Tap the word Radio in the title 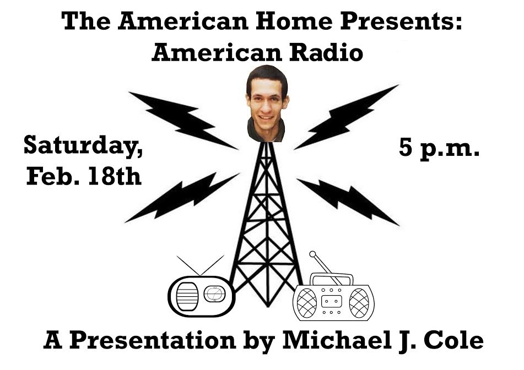click(x=326, y=53)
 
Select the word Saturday click(x=83, y=146)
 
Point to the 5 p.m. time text click(x=439, y=148)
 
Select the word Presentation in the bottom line click(x=153, y=341)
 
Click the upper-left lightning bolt click(x=183, y=119)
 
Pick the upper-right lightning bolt click(x=346, y=117)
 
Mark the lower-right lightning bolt click(x=348, y=202)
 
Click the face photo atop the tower click(x=267, y=104)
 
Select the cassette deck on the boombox click(x=332, y=301)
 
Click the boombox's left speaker click(x=306, y=303)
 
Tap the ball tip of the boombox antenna click(x=312, y=254)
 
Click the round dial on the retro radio click(x=214, y=294)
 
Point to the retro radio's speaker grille click(x=187, y=297)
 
